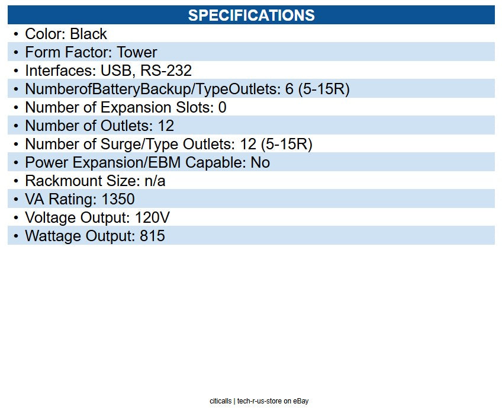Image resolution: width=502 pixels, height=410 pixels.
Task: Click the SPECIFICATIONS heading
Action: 251,15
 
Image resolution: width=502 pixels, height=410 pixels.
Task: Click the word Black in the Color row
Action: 88,34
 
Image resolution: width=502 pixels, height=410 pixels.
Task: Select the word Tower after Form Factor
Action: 137,52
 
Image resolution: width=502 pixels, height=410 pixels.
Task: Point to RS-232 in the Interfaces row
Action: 166,71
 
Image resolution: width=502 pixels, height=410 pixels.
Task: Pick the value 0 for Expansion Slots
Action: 222,107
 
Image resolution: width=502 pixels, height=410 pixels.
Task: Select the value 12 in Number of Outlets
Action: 166,126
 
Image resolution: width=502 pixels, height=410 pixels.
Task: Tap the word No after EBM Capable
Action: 260,162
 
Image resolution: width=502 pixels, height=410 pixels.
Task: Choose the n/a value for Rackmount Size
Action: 155,181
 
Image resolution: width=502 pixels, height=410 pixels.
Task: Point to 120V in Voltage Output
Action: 153,217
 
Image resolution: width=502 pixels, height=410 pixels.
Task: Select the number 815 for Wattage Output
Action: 152,236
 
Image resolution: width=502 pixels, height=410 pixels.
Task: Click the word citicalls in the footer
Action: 221,401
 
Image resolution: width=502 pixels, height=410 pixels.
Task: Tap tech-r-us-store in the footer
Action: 260,401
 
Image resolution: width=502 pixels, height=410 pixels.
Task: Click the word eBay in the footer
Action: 301,401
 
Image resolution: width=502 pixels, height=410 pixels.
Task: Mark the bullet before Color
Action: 16,34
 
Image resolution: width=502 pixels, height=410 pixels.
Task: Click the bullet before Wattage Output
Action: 16,236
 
